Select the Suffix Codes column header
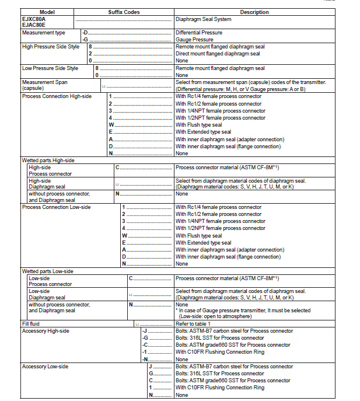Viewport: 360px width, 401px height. click(124, 12)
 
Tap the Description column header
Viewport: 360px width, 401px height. click(254, 12)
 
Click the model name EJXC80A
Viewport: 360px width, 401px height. click(34, 19)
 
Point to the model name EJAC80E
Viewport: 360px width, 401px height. click(34, 25)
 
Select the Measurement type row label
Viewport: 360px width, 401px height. click(44, 33)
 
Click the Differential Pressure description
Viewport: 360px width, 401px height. click(199, 33)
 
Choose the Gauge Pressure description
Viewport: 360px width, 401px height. click(195, 40)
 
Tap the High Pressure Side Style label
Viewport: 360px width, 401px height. click(50, 47)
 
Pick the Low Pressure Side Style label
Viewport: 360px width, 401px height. click(50, 68)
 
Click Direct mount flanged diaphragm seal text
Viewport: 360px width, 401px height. click(218, 54)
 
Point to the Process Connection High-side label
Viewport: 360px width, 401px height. click(57, 96)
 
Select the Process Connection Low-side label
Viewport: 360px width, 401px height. click(56, 207)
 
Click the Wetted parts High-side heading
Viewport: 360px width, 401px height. click(48, 160)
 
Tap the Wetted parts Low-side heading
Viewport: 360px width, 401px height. click(48, 271)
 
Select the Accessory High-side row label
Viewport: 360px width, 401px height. click(46, 331)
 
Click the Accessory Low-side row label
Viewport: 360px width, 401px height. click(45, 367)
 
